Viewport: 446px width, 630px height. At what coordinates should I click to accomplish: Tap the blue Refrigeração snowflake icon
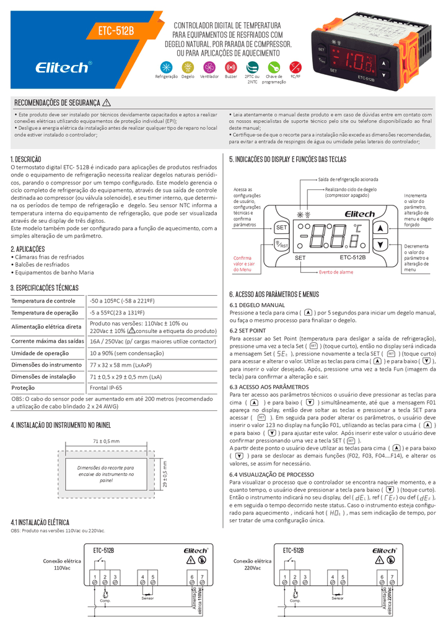coord(166,66)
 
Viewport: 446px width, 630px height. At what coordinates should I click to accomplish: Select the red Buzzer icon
coord(231,66)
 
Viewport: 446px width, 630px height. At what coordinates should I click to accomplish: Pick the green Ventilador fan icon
coord(209,66)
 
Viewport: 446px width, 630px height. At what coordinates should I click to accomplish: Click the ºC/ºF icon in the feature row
coord(295,66)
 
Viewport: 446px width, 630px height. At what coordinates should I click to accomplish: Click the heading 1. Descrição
coord(26,159)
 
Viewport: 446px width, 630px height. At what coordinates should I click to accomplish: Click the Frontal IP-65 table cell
coord(106,388)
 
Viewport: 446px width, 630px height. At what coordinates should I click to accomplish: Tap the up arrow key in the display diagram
coord(381,227)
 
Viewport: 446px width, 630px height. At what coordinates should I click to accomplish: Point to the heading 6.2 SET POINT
coord(248,331)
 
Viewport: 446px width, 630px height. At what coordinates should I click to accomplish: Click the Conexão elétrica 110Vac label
coord(60,563)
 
